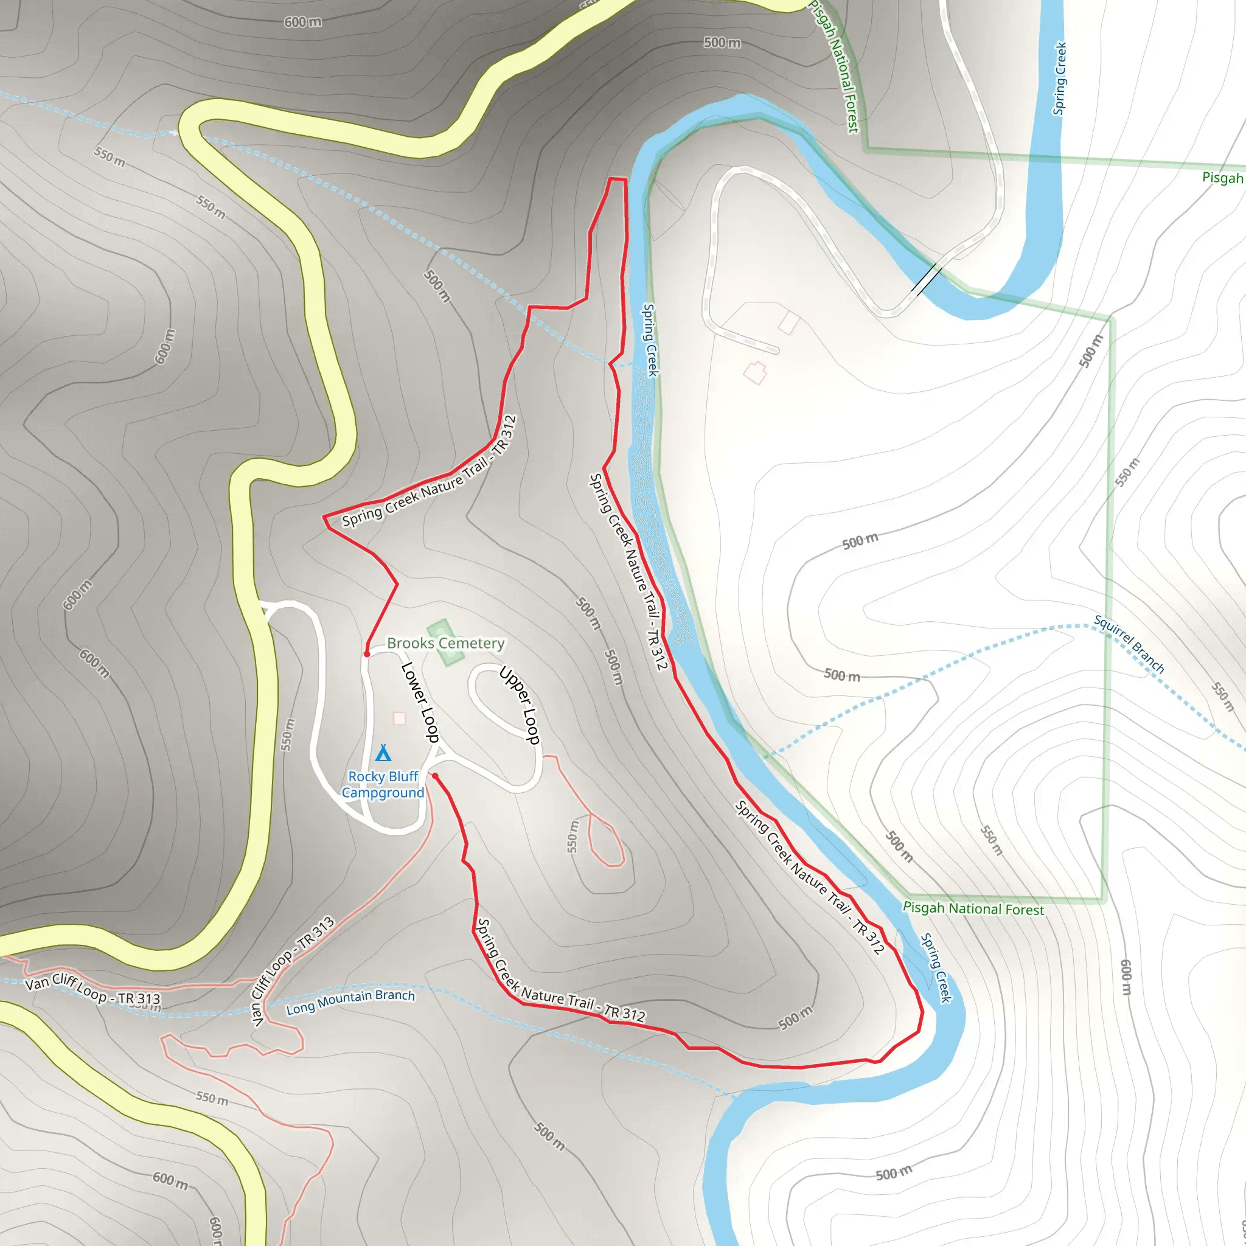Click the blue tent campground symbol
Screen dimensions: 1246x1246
(x=383, y=753)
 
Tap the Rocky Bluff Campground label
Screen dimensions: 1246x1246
(x=383, y=784)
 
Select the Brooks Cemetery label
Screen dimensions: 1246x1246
(x=445, y=643)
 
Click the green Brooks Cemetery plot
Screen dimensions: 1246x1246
(x=445, y=642)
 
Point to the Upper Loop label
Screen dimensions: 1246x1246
(x=520, y=706)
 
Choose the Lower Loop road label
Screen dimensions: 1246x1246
(x=420, y=701)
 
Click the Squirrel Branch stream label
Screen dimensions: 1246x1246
(x=1129, y=644)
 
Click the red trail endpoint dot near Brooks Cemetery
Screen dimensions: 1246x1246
(x=367, y=654)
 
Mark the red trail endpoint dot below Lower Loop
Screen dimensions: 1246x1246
(x=436, y=776)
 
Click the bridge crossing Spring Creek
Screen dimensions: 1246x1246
(x=926, y=279)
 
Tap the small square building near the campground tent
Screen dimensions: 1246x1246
(x=399, y=719)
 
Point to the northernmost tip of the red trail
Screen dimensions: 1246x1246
(x=617, y=179)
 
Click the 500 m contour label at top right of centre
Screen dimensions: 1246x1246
(x=722, y=43)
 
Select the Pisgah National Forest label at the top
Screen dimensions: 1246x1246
(x=835, y=67)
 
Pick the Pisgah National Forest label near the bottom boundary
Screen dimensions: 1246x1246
(x=973, y=909)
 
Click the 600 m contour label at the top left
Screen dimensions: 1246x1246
(x=303, y=22)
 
